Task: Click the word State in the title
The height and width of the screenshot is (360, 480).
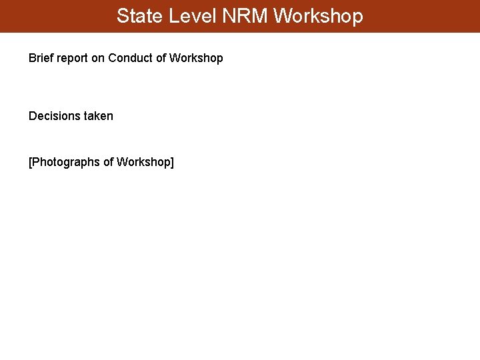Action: coord(138,16)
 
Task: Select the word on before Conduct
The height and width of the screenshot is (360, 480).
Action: coord(98,58)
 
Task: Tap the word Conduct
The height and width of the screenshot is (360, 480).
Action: coord(130,58)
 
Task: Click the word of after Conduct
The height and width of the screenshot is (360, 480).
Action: coord(161,58)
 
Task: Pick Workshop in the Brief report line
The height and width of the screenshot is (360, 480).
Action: coord(196,58)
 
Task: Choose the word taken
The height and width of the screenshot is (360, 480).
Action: coord(99,116)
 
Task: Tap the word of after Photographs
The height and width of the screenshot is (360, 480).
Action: coord(109,162)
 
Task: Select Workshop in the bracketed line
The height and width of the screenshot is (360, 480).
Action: coord(143,162)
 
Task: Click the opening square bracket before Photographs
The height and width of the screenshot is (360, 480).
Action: coord(30,162)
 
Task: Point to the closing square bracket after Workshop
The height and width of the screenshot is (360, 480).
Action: coord(172,162)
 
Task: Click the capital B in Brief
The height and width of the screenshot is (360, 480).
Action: coord(32,58)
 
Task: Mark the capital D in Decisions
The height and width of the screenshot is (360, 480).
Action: coord(33,116)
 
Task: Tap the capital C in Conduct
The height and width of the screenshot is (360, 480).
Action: coord(112,58)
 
